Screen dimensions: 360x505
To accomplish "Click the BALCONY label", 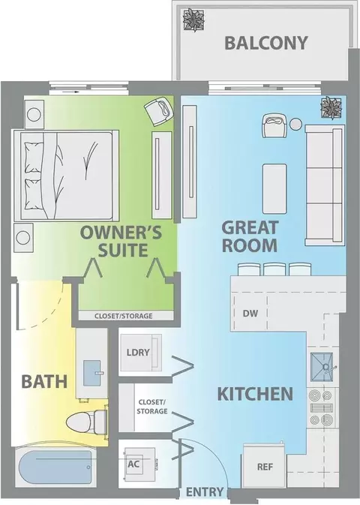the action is tap(266, 44).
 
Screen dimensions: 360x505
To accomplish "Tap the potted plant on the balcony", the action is tap(193, 20).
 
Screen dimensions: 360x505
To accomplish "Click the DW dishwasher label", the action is tap(250, 313).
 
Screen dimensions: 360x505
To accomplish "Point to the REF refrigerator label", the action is tap(265, 467).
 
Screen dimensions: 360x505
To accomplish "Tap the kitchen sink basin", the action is tap(322, 367).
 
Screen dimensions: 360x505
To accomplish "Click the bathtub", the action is tap(55, 467).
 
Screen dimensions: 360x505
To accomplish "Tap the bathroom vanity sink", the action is tap(92, 373).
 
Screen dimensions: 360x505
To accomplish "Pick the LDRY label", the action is tap(138, 353).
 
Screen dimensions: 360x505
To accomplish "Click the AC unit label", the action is tap(133, 464).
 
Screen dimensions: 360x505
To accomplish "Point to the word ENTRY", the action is tap(205, 492).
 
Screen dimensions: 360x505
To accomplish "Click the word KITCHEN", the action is tap(255, 394).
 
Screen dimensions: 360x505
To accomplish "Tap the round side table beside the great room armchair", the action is tap(295, 125).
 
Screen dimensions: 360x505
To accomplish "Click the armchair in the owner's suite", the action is tap(159, 112).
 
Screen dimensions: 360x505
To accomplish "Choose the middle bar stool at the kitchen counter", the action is tap(274, 269).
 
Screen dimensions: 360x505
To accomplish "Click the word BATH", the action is tap(44, 382).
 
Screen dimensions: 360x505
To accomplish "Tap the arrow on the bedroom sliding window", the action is tap(70, 92).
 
